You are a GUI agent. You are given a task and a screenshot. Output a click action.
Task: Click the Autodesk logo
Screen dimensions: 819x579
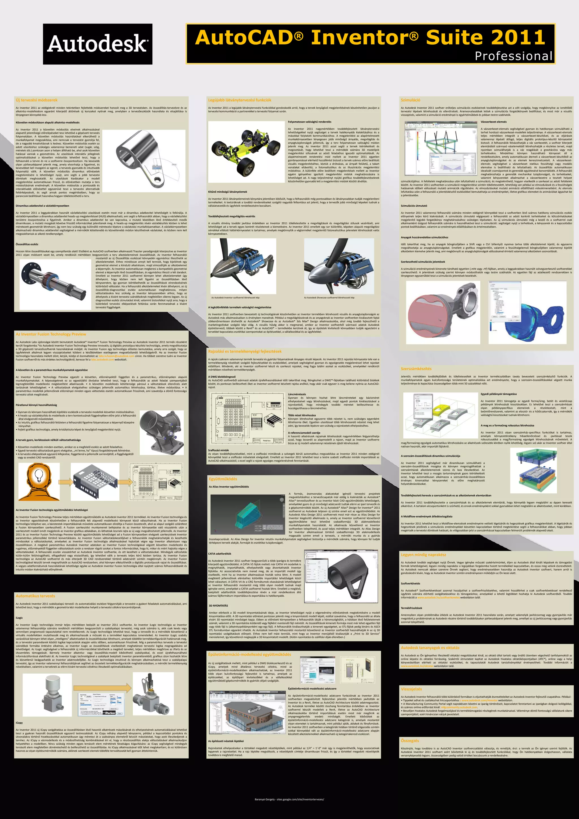97,44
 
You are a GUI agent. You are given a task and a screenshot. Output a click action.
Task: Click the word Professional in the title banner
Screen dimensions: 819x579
513,56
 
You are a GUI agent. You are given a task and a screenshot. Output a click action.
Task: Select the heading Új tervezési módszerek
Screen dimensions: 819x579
36,100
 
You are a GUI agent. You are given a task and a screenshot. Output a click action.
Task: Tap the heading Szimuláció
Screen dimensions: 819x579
411,100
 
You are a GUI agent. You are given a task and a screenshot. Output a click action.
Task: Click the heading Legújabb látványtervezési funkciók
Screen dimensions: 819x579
239,100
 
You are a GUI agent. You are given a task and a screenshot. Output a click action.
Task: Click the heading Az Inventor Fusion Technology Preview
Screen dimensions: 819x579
51,334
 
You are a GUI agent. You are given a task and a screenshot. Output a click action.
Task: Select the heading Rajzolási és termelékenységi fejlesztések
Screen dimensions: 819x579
245,351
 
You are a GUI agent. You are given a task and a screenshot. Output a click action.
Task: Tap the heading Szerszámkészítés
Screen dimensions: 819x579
416,368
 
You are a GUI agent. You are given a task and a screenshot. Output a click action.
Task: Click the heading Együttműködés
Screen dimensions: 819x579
223,479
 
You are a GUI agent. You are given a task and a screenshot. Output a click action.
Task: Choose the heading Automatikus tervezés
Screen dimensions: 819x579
35,596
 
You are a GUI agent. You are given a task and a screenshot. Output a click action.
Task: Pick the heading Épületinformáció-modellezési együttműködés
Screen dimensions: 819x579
250,655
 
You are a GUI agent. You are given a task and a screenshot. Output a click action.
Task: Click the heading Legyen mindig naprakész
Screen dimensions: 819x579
423,555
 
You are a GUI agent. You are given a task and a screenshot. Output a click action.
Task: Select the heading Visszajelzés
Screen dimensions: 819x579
411,689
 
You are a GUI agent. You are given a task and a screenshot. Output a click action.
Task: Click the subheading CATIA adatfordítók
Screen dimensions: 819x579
220,554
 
